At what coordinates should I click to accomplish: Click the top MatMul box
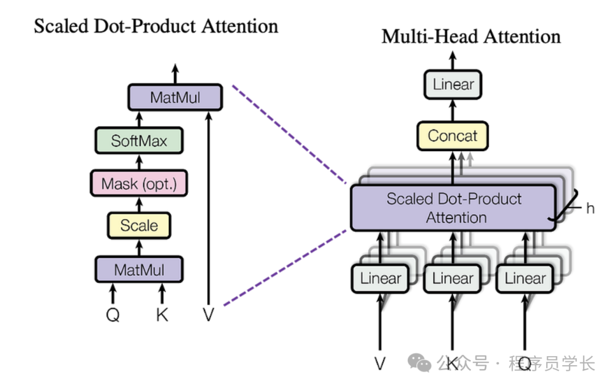coord(175,97)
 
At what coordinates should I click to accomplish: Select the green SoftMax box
coord(139,140)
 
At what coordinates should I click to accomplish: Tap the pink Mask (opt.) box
coord(139,184)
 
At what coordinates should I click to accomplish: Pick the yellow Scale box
coord(139,225)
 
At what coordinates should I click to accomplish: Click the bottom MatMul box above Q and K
coord(139,269)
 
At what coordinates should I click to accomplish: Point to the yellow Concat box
coord(453,136)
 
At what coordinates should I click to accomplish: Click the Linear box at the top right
coord(453,85)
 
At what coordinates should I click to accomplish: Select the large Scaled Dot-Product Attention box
coord(453,208)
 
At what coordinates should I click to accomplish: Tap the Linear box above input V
coord(380,279)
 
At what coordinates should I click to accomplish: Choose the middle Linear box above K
coord(453,279)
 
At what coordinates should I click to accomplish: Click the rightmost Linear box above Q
coord(525,279)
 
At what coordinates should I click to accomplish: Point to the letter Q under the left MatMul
coord(113,314)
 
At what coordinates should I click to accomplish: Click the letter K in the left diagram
coord(162,314)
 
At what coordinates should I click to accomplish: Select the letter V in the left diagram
coord(208,314)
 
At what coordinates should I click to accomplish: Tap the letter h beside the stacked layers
coord(590,209)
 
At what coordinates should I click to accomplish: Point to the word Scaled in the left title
coord(59,26)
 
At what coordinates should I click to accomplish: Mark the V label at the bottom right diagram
coord(380,363)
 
